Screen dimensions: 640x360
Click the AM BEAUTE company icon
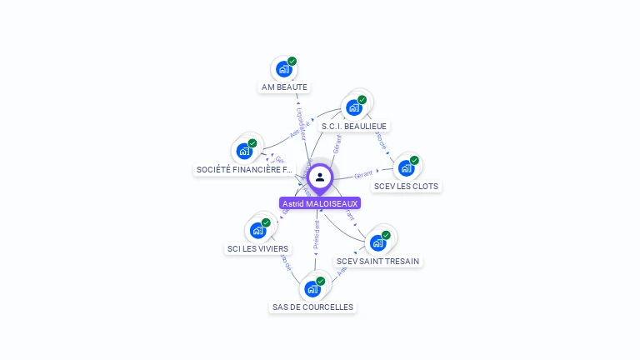coord(283,69)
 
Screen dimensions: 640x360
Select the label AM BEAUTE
coord(284,87)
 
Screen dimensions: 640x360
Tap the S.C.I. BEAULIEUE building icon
coord(354,107)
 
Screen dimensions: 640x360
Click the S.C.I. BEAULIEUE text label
coord(355,126)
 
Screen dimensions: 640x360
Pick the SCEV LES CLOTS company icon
coord(406,167)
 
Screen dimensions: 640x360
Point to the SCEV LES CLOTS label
coord(406,186)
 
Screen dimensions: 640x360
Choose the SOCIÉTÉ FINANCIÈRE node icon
coord(244,151)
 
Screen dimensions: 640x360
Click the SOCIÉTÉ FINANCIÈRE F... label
coord(245,170)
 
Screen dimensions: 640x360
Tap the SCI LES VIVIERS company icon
coord(257,230)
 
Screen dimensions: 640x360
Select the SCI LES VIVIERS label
coord(258,248)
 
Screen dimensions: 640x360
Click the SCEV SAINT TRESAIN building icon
coord(377,242)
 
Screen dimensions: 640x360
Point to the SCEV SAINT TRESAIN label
coord(378,261)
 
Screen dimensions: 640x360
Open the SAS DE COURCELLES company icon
coord(312,288)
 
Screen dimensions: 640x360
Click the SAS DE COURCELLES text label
coord(313,307)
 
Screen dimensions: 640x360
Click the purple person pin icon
coord(320,177)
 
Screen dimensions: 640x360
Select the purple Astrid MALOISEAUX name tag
coord(320,203)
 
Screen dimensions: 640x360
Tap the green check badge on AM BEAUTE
coord(292,61)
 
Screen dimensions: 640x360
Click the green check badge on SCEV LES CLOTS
coord(414,160)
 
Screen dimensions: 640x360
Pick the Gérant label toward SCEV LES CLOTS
coord(362,175)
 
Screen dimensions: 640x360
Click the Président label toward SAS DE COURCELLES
coord(317,234)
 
